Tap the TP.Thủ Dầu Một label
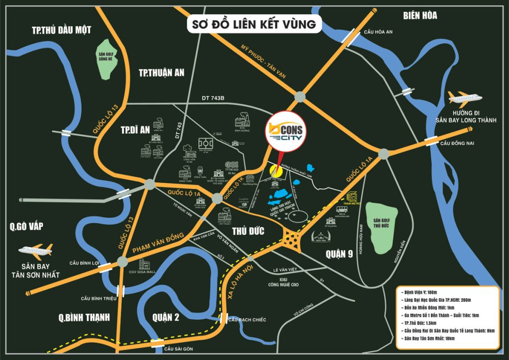(61, 30)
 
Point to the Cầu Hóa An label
(377, 32)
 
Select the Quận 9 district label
(339, 254)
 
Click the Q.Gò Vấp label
(26, 227)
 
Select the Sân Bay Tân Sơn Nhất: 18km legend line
(430, 338)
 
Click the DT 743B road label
(213, 98)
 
